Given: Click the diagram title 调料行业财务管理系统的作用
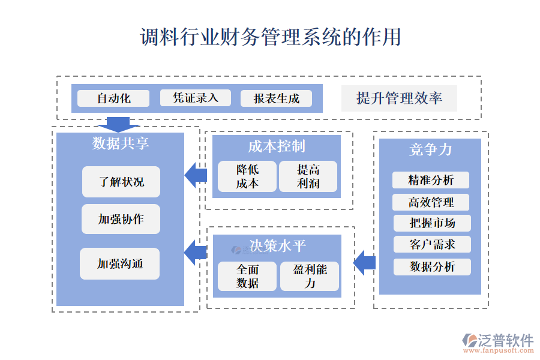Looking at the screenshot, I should point(271,37).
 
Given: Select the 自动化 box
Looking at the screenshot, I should point(113,98).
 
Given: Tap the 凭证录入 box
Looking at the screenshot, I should point(195,98).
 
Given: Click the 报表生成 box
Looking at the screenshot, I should point(276,98).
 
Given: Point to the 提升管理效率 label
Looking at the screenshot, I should point(399,98).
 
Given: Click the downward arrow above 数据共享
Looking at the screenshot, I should point(118,124).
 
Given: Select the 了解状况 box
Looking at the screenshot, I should point(121,182).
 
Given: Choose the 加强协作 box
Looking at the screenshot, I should point(121,219).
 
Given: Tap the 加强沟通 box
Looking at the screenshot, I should point(120,263).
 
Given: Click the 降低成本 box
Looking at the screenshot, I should point(247,176).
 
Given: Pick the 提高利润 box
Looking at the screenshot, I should point(308,176).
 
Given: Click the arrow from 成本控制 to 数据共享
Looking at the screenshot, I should point(196,175).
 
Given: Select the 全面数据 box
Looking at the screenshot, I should point(247,276).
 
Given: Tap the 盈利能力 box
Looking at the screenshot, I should point(310,276).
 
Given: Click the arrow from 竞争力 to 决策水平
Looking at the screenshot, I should point(365,263).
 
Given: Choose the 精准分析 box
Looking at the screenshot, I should point(431,180).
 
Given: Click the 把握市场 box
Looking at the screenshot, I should point(432,223).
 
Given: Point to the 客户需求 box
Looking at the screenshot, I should point(432,245).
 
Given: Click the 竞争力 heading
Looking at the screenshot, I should point(430,149).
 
